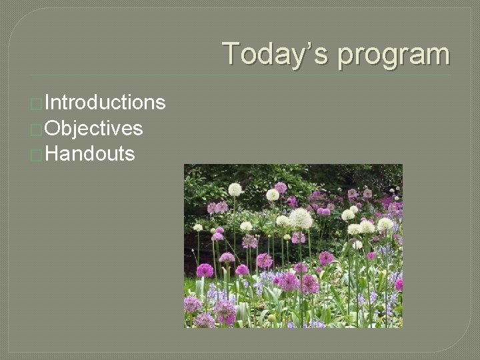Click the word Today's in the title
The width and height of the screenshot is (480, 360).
[x=277, y=54]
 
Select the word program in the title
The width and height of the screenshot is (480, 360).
[x=393, y=55]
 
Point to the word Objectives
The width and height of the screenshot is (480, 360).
[x=94, y=128]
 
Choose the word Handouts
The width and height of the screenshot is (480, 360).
[x=91, y=154]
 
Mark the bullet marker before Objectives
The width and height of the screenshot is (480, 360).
[x=37, y=129]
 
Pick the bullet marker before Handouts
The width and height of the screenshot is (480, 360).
[x=37, y=155]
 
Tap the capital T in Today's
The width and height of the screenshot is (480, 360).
[x=232, y=53]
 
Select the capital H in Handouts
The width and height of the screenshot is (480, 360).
[x=53, y=154]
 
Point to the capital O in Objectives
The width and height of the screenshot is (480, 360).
[x=55, y=128]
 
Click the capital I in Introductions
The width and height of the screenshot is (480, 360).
[x=48, y=103]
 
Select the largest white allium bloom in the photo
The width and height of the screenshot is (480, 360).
[x=301, y=219]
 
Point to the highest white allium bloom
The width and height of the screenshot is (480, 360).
[x=235, y=189]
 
